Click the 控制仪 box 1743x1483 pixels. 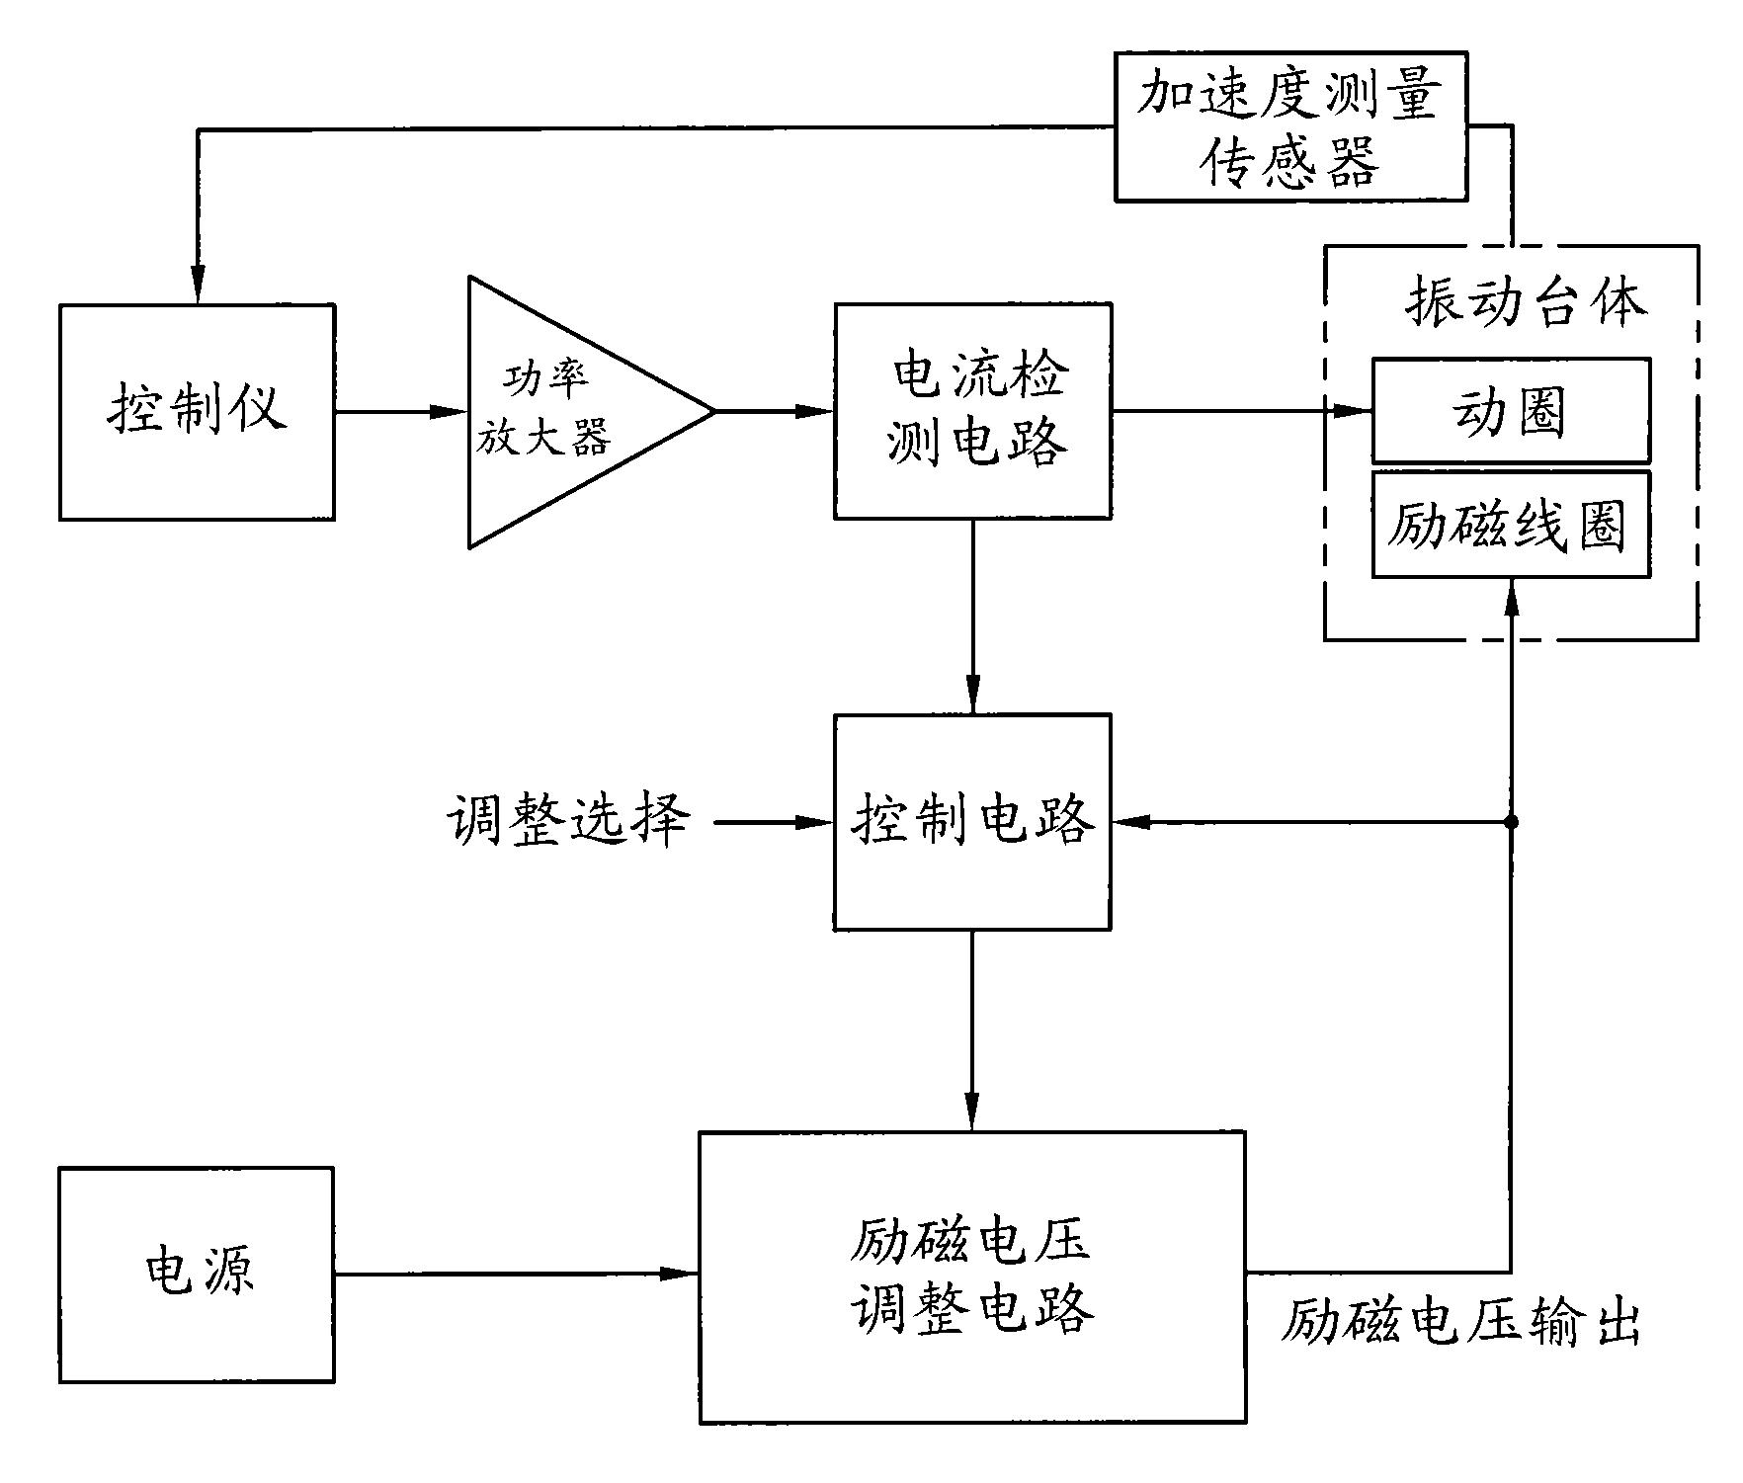pyautogui.click(x=197, y=412)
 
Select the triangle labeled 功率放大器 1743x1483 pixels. pyautogui.click(x=563, y=412)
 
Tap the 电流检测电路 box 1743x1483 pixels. pyautogui.click(x=972, y=411)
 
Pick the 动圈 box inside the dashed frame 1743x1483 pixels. pyautogui.click(x=1510, y=411)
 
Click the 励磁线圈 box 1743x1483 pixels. pyautogui.click(x=1510, y=525)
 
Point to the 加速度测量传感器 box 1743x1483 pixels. pyautogui.click(x=1290, y=127)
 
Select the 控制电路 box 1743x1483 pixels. pyautogui.click(x=972, y=822)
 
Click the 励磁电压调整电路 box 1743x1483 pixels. pyautogui.click(x=972, y=1277)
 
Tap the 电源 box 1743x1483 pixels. pyautogui.click(x=197, y=1275)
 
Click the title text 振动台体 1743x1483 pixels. pyautogui.click(x=1527, y=302)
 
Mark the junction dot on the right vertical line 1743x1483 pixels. pyautogui.click(x=1510, y=822)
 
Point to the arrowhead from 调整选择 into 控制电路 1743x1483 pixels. pyautogui.click(x=816, y=822)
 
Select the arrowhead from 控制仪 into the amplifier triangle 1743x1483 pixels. pyautogui.click(x=450, y=412)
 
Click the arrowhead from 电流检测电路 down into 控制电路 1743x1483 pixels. pyautogui.click(x=972, y=696)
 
